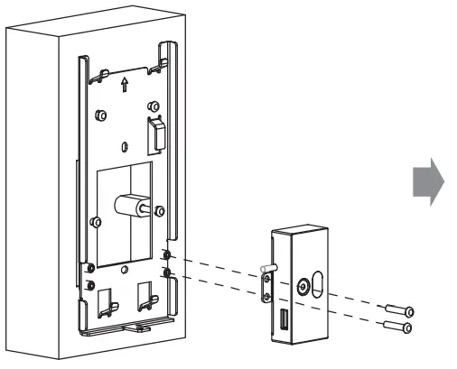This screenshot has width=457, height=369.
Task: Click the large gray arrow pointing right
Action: [428, 184]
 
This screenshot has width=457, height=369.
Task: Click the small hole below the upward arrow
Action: [123, 143]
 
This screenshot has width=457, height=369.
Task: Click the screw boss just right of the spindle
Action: [160, 212]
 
